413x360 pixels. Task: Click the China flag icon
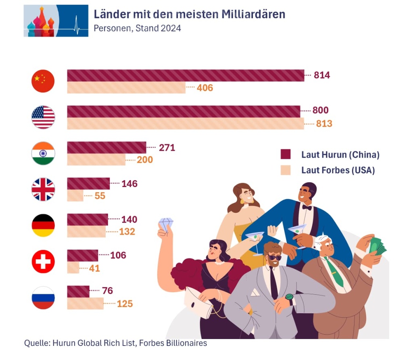(x=43, y=81)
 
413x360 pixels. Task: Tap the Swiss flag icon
(x=43, y=261)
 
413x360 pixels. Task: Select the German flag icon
(x=43, y=225)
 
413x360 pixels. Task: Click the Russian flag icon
(x=43, y=298)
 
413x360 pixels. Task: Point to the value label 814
(x=322, y=75)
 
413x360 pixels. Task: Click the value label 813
(x=324, y=124)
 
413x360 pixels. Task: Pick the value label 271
(x=167, y=148)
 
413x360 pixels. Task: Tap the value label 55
(x=100, y=196)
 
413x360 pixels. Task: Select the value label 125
(x=125, y=304)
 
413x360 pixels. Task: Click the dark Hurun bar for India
(x=106, y=148)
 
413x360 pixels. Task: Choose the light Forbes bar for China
(x=126, y=87)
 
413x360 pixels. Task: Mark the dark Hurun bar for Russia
(x=78, y=291)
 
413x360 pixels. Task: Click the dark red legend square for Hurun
(x=286, y=154)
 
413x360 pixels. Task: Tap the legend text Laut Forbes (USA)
(x=338, y=170)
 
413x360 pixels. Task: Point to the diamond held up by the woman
(x=166, y=224)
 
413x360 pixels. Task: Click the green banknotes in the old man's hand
(x=377, y=246)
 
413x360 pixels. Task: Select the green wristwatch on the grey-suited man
(x=289, y=298)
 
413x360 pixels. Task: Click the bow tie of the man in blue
(x=307, y=207)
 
